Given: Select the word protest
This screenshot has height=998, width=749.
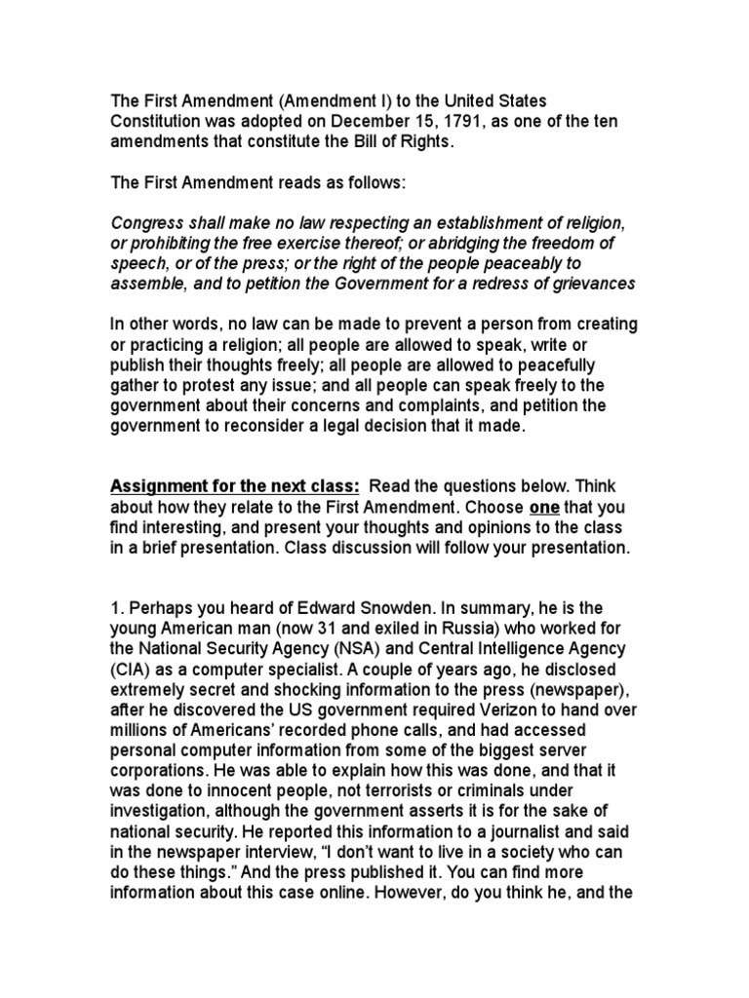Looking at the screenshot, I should pyautogui.click(x=202, y=387).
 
